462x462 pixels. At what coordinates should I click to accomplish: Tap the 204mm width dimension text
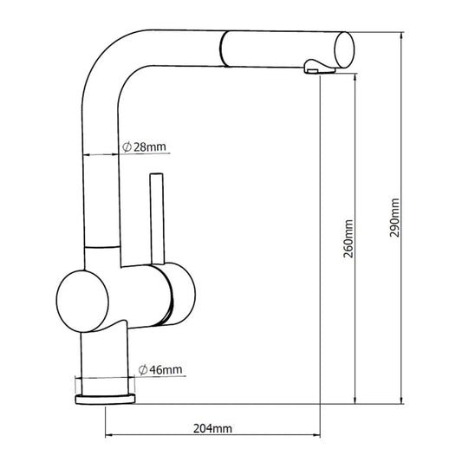pos(211,428)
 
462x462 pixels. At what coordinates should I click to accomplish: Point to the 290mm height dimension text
pos(395,218)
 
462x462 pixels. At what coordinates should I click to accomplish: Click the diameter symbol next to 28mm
pos(127,147)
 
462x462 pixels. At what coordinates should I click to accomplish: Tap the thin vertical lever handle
pos(157,217)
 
